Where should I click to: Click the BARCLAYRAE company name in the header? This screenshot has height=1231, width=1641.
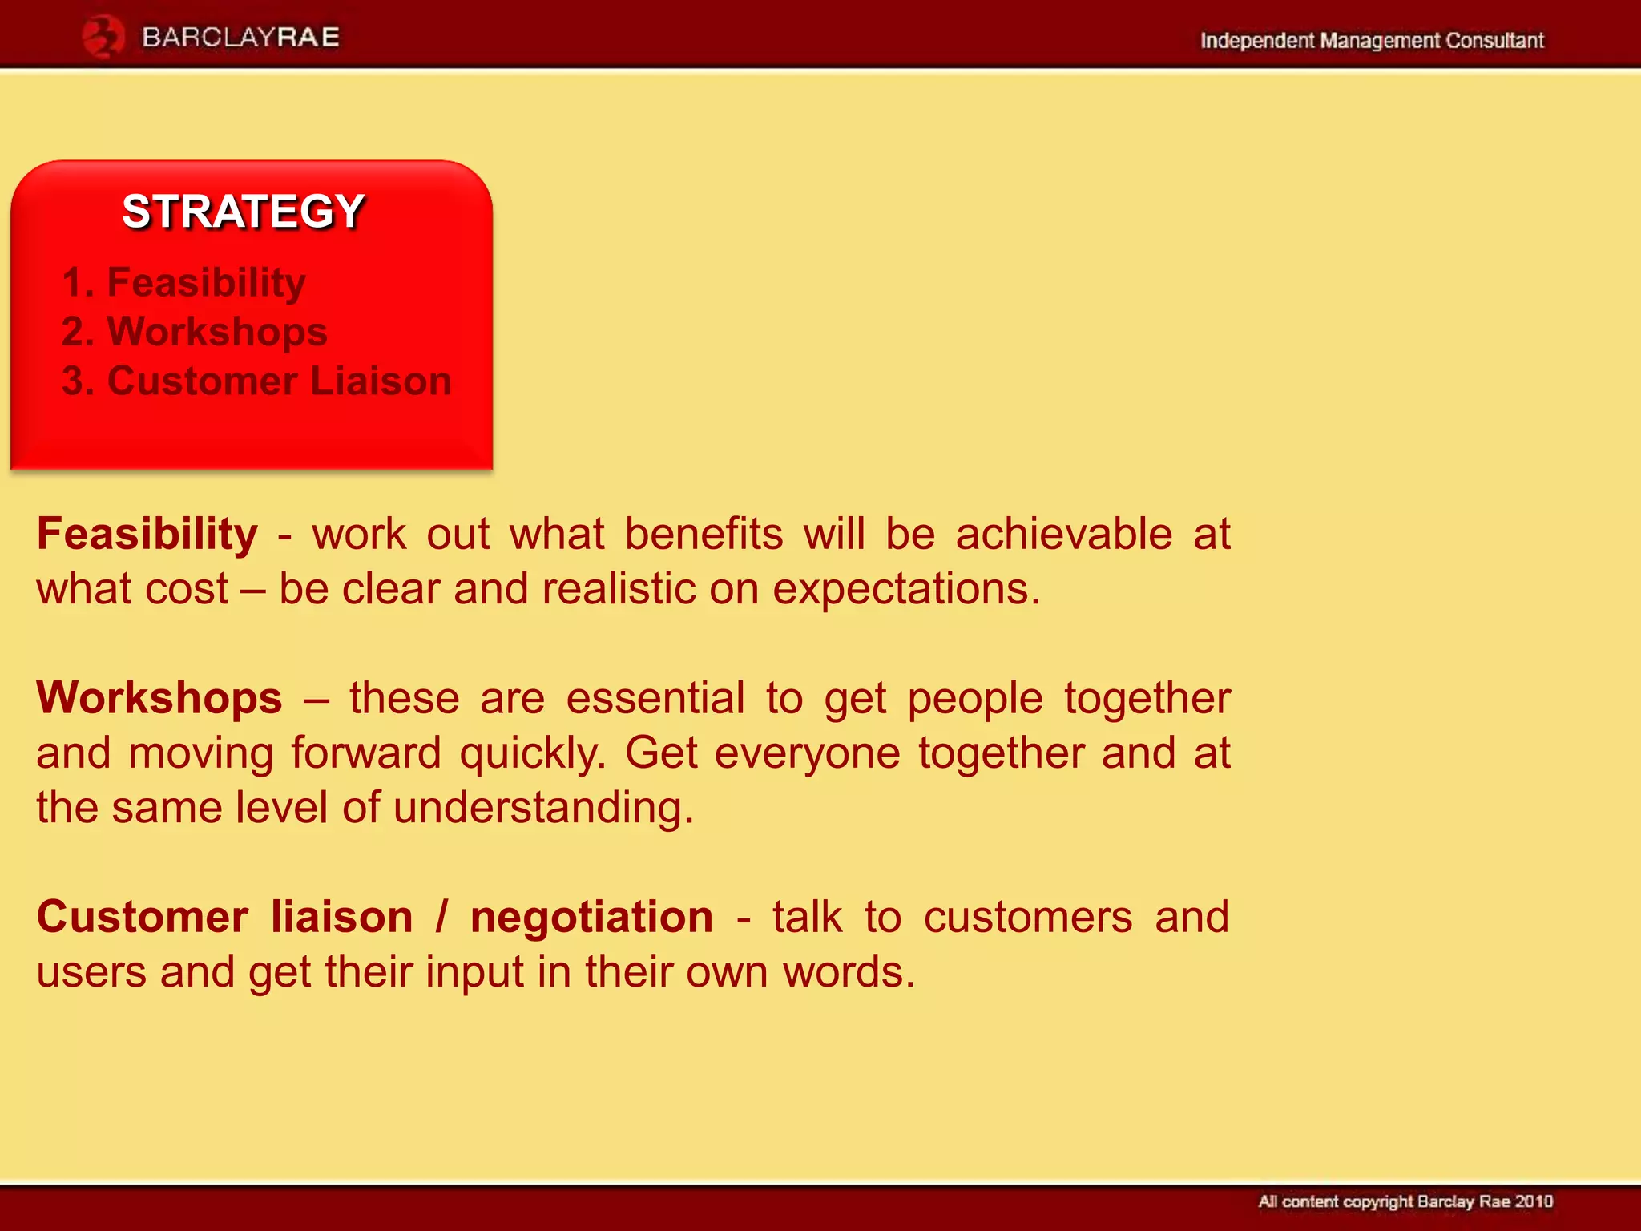pyautogui.click(x=240, y=37)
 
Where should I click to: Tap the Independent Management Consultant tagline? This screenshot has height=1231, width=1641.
pyautogui.click(x=1371, y=40)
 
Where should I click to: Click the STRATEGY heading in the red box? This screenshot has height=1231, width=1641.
pyautogui.click(x=244, y=212)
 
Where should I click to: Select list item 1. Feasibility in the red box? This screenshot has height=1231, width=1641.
pyautogui.click(x=183, y=282)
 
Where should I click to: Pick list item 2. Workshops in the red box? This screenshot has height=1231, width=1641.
pyautogui.click(x=195, y=332)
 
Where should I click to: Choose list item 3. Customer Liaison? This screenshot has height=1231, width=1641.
pyautogui.click(x=256, y=381)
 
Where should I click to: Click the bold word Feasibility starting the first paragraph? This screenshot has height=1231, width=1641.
pyautogui.click(x=147, y=534)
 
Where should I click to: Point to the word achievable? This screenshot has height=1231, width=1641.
pyautogui.click(x=1063, y=534)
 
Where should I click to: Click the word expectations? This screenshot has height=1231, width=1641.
pyautogui.click(x=905, y=590)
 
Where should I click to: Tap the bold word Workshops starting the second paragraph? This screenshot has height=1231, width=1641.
pyautogui.click(x=159, y=697)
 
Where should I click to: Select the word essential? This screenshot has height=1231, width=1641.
pyautogui.click(x=655, y=697)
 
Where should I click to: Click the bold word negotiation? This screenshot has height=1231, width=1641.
pyautogui.click(x=591, y=916)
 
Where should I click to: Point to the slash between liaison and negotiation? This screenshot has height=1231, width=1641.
pyautogui.click(x=441, y=916)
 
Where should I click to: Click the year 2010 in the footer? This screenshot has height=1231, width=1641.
pyautogui.click(x=1534, y=1201)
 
